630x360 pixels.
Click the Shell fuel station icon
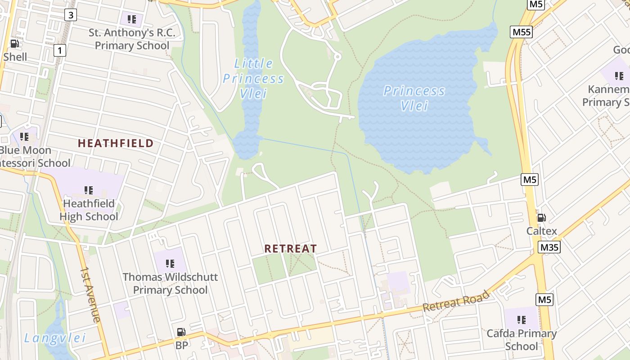pyautogui.click(x=15, y=44)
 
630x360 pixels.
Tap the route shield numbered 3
pyautogui.click(x=71, y=15)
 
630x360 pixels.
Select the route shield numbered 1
pyautogui.click(x=59, y=50)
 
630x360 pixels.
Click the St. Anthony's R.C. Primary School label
pyautogui.click(x=132, y=39)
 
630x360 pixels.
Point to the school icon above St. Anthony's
pyautogui.click(x=131, y=19)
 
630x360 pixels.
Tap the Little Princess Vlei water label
pyautogui.click(x=253, y=79)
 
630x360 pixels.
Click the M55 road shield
pyautogui.click(x=522, y=32)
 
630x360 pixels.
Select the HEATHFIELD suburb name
pyautogui.click(x=116, y=144)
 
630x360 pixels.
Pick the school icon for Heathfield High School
pyautogui.click(x=89, y=190)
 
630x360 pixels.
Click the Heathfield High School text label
pyautogui.click(x=89, y=210)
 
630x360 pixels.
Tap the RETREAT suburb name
pyautogui.click(x=290, y=248)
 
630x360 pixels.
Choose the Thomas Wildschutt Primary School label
pyautogui.click(x=170, y=283)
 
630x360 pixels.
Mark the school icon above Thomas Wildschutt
pyautogui.click(x=170, y=263)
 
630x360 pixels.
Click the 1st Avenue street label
pyautogui.click(x=90, y=295)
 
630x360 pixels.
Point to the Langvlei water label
pyautogui.click(x=55, y=338)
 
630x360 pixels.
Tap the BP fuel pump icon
pyautogui.click(x=181, y=332)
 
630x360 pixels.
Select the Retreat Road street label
pyautogui.click(x=456, y=301)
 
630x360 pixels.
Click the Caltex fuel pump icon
pyautogui.click(x=541, y=218)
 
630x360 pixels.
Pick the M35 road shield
pyautogui.click(x=549, y=247)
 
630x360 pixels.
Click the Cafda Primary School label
pyautogui.click(x=522, y=340)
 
